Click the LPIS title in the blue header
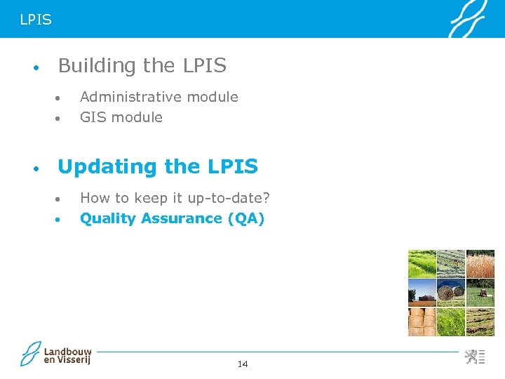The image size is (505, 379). [x=36, y=20]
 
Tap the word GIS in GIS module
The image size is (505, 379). [x=93, y=117]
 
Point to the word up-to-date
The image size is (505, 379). [x=228, y=198]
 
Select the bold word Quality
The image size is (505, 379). [x=108, y=218]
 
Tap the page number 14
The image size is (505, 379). [x=243, y=364]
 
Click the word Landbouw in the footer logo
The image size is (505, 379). [x=67, y=351]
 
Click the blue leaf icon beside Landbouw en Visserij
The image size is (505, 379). [x=31, y=354]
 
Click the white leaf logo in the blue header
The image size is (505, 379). [x=469, y=20]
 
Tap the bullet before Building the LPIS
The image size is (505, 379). [x=34, y=69]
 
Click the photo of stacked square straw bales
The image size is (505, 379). [x=422, y=321]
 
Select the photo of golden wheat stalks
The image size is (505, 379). [x=480, y=264]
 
